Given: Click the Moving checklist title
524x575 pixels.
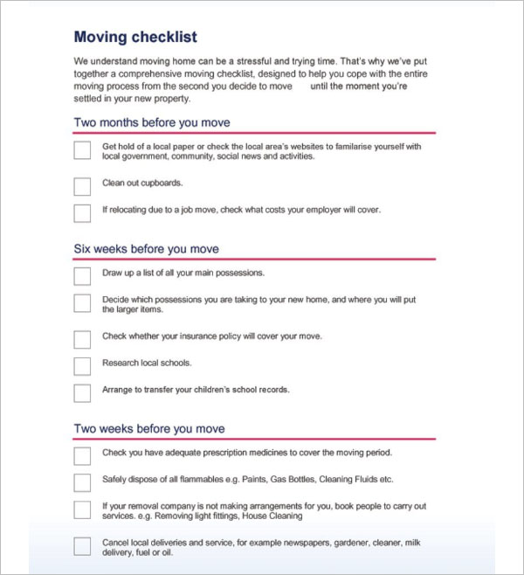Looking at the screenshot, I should pyautogui.click(x=135, y=37).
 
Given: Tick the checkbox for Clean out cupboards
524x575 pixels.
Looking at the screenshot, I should pyautogui.click(x=82, y=186).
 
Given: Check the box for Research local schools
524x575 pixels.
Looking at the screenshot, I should pyautogui.click(x=82, y=365).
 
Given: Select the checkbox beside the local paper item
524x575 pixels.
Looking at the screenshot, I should pyautogui.click(x=82, y=150).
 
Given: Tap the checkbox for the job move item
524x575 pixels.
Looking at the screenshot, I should pyautogui.click(x=82, y=212).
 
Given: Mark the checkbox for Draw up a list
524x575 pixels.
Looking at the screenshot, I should pyautogui.click(x=82, y=276).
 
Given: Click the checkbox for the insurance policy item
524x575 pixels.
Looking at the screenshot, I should pyautogui.click(x=82, y=339).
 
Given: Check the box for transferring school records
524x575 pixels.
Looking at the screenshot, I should pyautogui.click(x=82, y=392).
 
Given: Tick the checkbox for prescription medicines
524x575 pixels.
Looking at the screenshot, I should pyautogui.click(x=82, y=455).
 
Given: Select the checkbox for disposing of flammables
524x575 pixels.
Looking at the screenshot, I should pyautogui.click(x=82, y=482).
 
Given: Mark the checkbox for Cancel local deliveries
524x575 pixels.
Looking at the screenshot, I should pyautogui.click(x=82, y=546).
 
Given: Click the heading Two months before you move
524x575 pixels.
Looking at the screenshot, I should pyautogui.click(x=152, y=122).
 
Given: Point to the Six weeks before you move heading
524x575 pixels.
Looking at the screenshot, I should pyautogui.click(x=146, y=249).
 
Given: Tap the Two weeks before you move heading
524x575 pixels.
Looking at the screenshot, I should pyautogui.click(x=149, y=428).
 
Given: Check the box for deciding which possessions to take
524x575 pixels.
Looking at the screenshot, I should pyautogui.click(x=82, y=303).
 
